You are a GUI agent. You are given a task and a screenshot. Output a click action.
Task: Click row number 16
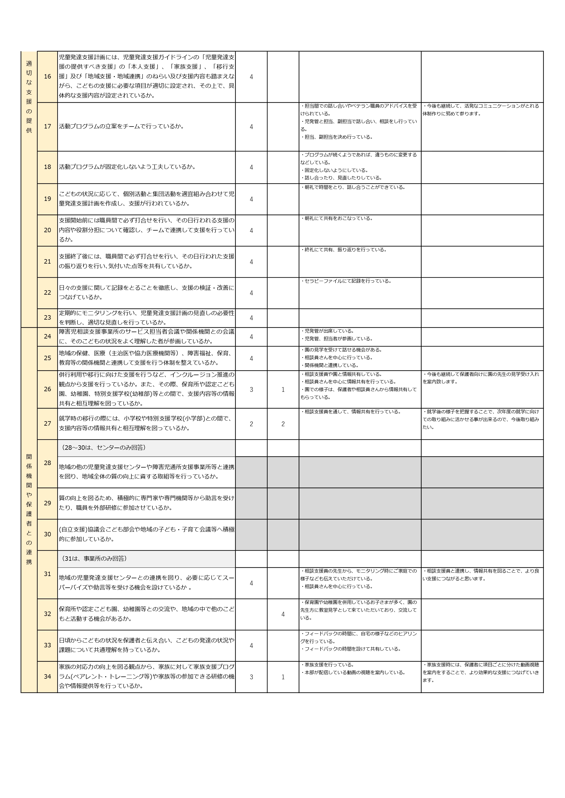point(47,77)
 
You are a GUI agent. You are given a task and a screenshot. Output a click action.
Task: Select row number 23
point(47,317)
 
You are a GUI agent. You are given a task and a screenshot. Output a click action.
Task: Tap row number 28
point(47,463)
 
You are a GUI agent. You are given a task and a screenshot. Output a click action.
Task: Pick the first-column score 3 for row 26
point(251,390)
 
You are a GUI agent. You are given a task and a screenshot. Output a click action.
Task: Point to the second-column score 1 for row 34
point(283,677)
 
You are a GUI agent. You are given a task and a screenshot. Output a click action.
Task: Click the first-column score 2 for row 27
point(251,424)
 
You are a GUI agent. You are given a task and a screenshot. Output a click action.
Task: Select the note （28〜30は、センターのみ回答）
point(104,448)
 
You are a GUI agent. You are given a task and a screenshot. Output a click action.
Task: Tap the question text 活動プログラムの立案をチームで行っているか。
point(121,127)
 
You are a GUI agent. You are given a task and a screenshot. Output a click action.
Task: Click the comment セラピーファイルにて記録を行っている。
point(346,281)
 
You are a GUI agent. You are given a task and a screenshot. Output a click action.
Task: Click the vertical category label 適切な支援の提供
point(29,97)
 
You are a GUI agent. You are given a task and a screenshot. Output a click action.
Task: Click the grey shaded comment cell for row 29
point(360,503)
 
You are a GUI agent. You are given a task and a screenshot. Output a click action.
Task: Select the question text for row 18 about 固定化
point(127,167)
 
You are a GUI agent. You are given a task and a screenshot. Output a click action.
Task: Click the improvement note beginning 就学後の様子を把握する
point(481,420)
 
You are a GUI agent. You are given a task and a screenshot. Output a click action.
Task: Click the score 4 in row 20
point(251,230)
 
